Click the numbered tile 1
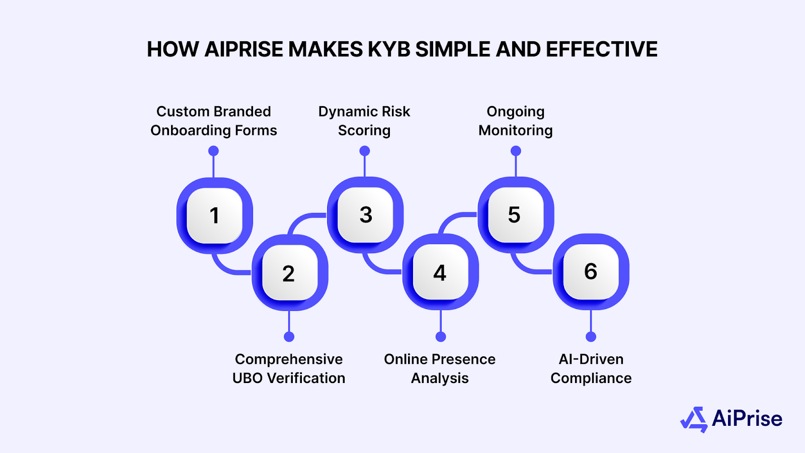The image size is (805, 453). tap(214, 215)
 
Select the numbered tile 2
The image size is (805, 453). tap(289, 273)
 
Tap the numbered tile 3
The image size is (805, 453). tap(365, 215)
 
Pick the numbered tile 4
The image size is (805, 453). tap(440, 272)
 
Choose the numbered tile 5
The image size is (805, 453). tap(515, 214)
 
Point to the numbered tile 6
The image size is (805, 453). tap(591, 272)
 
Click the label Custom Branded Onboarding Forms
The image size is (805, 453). tap(214, 121)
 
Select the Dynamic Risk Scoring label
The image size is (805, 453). tap(364, 121)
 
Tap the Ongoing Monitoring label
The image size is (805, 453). tap(516, 121)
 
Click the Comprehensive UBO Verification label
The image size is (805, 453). tap(289, 368)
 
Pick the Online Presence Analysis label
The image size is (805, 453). tap(440, 368)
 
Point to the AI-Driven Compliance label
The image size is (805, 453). tap(591, 368)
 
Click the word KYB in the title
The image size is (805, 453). tap(389, 49)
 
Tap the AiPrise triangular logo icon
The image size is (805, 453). tap(694, 419)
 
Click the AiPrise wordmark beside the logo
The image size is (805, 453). tap(747, 419)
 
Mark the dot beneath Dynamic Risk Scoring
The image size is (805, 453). tap(365, 151)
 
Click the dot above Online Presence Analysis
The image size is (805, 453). tap(441, 337)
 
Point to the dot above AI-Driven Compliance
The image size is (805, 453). tap(591, 337)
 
